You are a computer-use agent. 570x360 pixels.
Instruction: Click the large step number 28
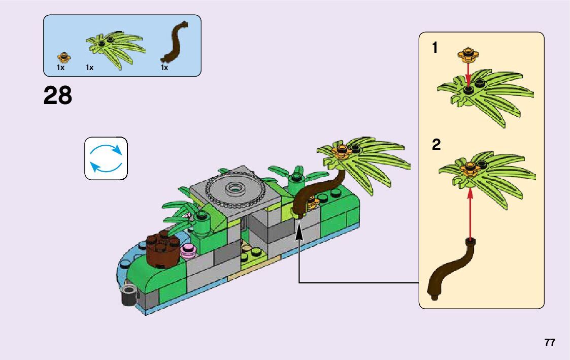(x=58, y=95)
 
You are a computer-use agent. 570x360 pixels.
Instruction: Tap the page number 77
(x=550, y=342)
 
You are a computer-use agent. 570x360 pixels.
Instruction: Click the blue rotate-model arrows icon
(x=106, y=158)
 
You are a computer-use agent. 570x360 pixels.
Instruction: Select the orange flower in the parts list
(x=63, y=55)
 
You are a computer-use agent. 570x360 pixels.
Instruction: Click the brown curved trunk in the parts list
(x=175, y=42)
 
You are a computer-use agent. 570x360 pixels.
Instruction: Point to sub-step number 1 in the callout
(x=434, y=48)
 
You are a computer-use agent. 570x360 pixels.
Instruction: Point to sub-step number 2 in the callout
(x=436, y=145)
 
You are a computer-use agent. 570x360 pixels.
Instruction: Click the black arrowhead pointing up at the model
(x=299, y=232)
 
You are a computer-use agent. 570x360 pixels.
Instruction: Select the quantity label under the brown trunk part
(x=164, y=68)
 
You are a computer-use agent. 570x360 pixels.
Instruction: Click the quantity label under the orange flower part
(x=60, y=68)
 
